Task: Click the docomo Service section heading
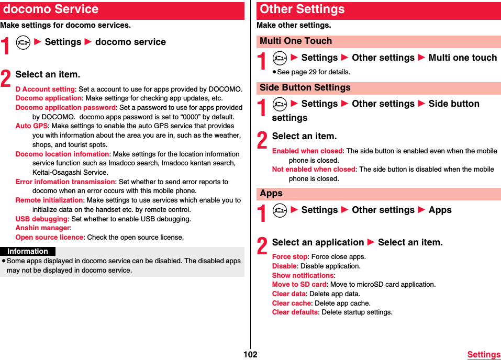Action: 51,9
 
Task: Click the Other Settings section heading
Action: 302,9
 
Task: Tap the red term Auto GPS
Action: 31,126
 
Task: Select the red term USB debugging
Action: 41,219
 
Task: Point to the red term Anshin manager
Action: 42,228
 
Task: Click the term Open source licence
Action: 49,238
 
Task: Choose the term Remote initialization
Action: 49,200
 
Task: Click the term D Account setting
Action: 45,89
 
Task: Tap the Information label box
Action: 28,251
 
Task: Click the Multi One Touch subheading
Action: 296,41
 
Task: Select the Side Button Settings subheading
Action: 305,87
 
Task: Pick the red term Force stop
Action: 290,257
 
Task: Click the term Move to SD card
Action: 299,285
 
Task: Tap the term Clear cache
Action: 292,303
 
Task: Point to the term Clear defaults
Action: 295,312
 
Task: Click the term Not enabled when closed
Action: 314,170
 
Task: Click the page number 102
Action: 250,354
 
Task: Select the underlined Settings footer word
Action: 484,355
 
